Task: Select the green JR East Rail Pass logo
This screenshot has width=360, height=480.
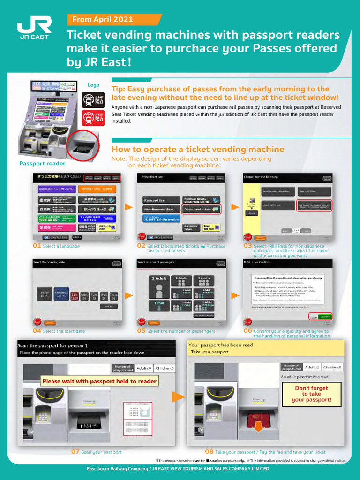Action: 93,100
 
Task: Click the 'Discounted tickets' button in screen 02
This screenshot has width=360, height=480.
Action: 201,210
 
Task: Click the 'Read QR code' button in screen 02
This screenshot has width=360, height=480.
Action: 211,228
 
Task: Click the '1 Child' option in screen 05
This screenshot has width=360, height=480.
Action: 159,305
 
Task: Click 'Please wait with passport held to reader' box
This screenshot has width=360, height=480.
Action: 99,381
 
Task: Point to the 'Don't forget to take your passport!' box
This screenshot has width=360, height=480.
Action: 311,394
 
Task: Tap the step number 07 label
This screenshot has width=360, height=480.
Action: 75,452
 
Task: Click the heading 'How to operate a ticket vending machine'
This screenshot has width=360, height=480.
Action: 198,149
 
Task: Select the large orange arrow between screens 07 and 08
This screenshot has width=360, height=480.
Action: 179,397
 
